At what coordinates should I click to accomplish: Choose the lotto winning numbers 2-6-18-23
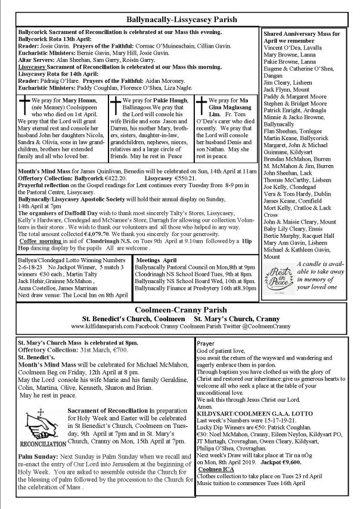click(32, 283)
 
